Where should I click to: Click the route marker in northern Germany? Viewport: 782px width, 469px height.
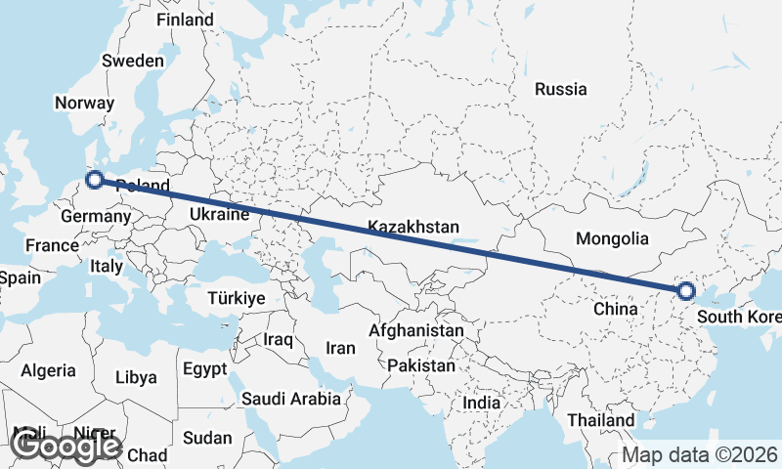95,179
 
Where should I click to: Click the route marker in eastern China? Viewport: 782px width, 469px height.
686,290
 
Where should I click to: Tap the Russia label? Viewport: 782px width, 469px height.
561,89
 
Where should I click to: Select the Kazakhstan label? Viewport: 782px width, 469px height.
413,227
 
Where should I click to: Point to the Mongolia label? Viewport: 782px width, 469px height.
612,238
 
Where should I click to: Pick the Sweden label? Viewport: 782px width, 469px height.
133,61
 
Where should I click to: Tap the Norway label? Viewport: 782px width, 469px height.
85,103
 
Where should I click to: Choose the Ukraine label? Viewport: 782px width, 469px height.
219,213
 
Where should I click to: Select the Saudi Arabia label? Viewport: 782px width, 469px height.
291,398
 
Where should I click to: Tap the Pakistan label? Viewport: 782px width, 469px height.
421,365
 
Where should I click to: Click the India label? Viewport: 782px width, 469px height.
481,403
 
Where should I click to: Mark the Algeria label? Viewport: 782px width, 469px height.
48,370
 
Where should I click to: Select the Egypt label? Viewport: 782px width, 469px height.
204,369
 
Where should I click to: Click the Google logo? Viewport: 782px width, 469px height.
65,446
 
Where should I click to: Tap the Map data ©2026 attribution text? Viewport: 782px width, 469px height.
701,455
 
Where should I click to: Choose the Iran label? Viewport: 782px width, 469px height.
340,348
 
